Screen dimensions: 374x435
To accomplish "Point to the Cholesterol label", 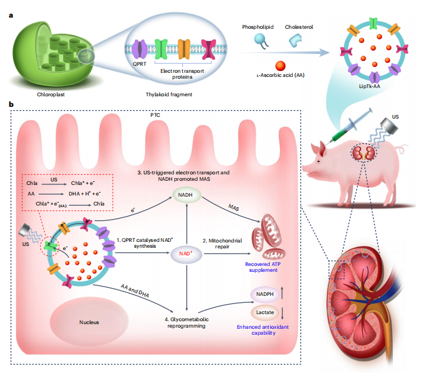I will (298, 27).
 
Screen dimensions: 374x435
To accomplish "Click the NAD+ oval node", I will (186, 254).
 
